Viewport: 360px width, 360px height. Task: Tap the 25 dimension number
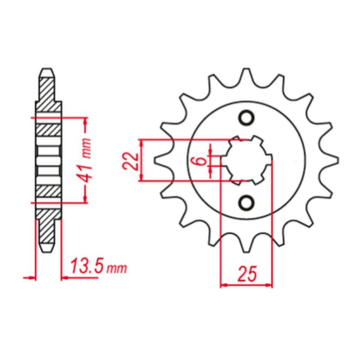pos(247,274)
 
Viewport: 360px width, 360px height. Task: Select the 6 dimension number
pos(200,161)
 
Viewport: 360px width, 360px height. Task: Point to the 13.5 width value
pos(87,266)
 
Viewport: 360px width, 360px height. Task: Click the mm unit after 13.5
pos(117,268)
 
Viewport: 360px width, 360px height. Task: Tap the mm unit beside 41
pos(87,148)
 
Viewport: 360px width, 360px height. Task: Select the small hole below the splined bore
pos(247,202)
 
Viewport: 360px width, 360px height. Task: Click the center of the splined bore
pos(247,160)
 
